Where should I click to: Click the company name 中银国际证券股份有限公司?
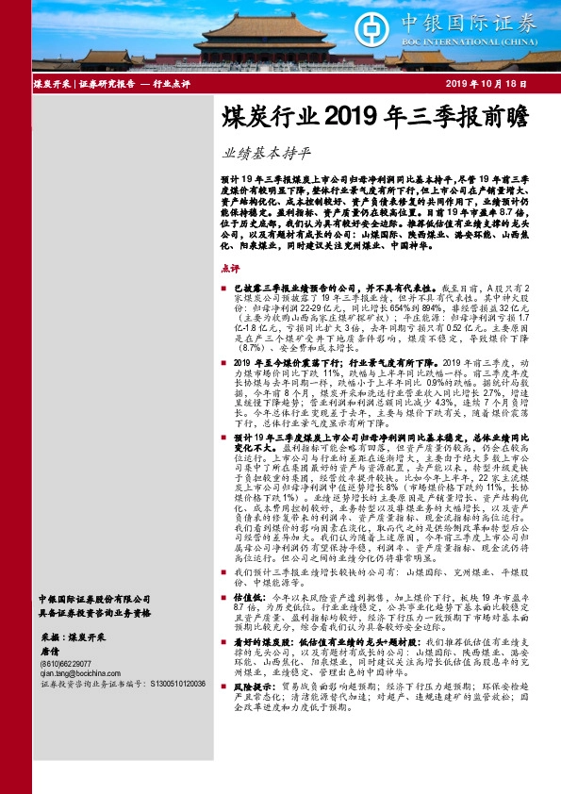[94, 598]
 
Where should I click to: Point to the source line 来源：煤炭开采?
[74, 637]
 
